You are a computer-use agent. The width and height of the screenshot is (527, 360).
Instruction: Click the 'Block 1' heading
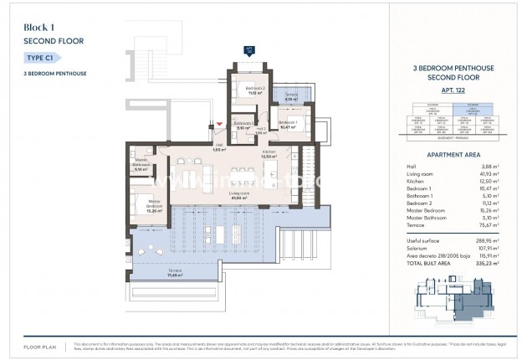(x=41, y=27)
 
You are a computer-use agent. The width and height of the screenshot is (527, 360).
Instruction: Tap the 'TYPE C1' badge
(x=41, y=57)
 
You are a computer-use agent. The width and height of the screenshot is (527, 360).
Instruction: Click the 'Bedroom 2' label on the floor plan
(x=254, y=88)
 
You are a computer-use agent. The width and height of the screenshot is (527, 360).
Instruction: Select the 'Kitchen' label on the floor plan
(x=269, y=152)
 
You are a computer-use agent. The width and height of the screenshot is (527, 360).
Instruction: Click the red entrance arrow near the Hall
(x=220, y=125)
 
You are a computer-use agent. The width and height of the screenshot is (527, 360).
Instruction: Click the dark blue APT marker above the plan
(x=248, y=49)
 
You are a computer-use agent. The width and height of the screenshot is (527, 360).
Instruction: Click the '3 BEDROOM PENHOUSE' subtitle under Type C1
(x=54, y=74)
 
